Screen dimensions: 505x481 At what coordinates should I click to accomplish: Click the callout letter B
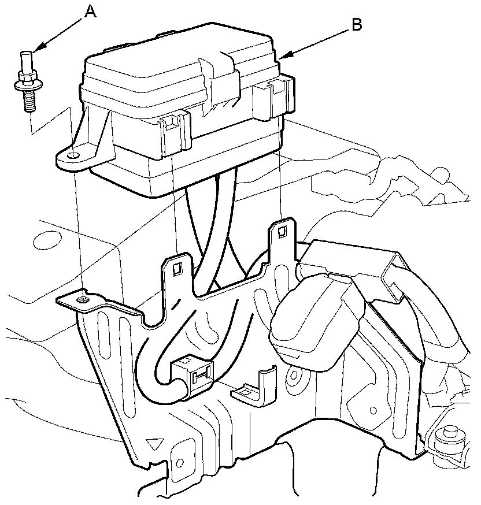[x=356, y=24]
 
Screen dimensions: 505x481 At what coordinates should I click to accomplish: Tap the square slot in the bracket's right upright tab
[x=282, y=231]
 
